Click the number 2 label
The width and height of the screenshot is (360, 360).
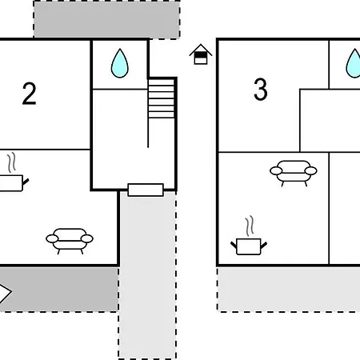(x=29, y=94)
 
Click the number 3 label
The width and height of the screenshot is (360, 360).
(x=260, y=90)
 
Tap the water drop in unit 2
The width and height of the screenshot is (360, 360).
(x=120, y=63)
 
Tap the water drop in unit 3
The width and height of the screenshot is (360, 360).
(x=354, y=63)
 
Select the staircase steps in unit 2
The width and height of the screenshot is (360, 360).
(x=162, y=98)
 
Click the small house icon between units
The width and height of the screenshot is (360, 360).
(x=201, y=54)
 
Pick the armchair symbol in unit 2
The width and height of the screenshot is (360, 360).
(x=70, y=241)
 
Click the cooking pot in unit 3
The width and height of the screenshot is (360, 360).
(x=249, y=246)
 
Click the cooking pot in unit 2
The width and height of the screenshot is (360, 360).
(x=11, y=183)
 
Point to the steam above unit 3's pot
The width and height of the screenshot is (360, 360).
(x=250, y=226)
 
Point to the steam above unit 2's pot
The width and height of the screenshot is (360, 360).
(x=11, y=162)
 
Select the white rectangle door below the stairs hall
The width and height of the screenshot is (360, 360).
(x=146, y=190)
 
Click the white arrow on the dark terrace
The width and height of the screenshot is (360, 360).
(x=5, y=292)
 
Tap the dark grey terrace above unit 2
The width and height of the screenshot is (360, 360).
(x=106, y=19)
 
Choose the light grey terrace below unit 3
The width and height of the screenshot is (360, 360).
(x=289, y=290)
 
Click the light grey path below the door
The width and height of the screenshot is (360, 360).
(x=147, y=274)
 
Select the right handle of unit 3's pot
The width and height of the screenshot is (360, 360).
(x=264, y=246)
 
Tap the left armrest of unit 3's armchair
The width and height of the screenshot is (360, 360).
(x=276, y=170)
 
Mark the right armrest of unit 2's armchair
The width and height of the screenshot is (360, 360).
(x=87, y=238)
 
